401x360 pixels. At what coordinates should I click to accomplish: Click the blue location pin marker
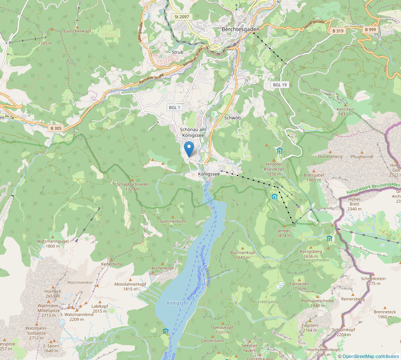pyautogui.click(x=189, y=149)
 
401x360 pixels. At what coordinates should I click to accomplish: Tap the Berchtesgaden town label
pyautogui.click(x=241, y=29)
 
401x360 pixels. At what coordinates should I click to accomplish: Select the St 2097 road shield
pyautogui.click(x=181, y=16)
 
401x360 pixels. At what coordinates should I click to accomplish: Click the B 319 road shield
pyautogui.click(x=338, y=31)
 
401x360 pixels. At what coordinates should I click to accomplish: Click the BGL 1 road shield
pyautogui.click(x=174, y=107)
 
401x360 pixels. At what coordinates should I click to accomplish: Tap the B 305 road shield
pyautogui.click(x=56, y=128)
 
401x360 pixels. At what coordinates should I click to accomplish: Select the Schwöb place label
pyautogui.click(x=232, y=118)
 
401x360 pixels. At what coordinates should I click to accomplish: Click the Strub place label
pyautogui.click(x=177, y=52)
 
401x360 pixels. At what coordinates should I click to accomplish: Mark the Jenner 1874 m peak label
pyautogui.click(x=284, y=233)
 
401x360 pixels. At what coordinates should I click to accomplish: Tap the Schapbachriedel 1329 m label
pyautogui.click(x=132, y=187)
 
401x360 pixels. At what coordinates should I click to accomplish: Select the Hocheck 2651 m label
pyautogui.click(x=53, y=293)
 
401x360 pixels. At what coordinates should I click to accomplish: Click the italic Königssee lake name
pyautogui.click(x=178, y=303)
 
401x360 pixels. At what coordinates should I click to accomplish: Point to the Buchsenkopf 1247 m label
pyautogui.click(x=243, y=255)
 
